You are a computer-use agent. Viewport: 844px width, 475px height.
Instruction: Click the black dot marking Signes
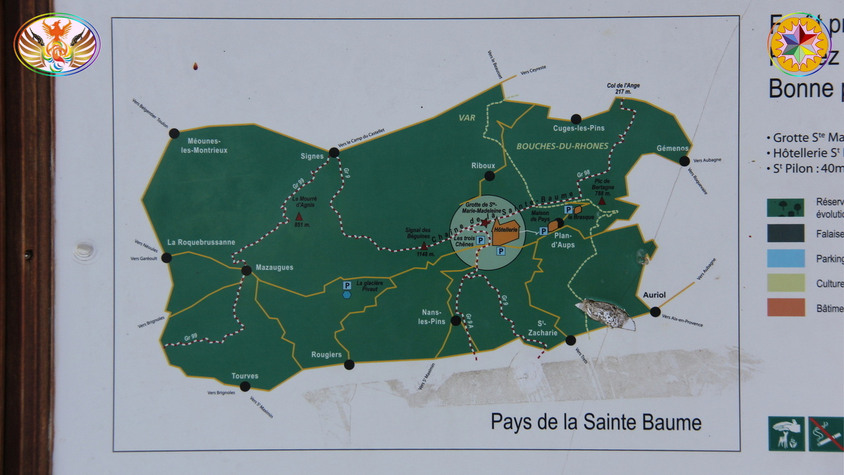(x=334, y=152)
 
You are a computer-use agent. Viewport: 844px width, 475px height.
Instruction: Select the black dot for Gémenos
(x=684, y=161)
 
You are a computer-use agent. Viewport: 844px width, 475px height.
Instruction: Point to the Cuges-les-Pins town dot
(x=576, y=119)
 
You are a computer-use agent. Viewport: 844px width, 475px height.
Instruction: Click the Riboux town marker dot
(x=489, y=176)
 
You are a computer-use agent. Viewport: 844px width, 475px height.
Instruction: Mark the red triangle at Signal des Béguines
(x=423, y=245)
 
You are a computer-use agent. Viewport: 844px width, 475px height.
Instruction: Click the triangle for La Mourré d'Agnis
(x=299, y=216)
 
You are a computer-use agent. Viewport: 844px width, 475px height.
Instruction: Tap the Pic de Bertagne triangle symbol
(x=601, y=201)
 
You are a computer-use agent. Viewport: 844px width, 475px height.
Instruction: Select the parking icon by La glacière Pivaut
(x=346, y=285)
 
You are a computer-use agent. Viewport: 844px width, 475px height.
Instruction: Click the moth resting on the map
(x=605, y=313)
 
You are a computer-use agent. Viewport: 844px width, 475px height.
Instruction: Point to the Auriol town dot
(x=655, y=312)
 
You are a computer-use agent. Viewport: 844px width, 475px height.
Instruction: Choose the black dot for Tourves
(x=245, y=387)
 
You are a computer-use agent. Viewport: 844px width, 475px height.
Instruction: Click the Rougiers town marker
(x=349, y=365)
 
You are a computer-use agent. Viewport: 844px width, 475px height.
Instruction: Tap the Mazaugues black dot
(x=246, y=270)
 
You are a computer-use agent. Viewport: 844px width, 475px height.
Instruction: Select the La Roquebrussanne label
(x=201, y=242)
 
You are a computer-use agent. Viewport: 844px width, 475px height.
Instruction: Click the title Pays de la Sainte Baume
(x=595, y=422)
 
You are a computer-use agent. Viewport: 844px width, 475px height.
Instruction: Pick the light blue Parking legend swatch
(x=785, y=258)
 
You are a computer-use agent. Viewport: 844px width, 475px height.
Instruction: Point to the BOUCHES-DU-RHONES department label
(x=562, y=146)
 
